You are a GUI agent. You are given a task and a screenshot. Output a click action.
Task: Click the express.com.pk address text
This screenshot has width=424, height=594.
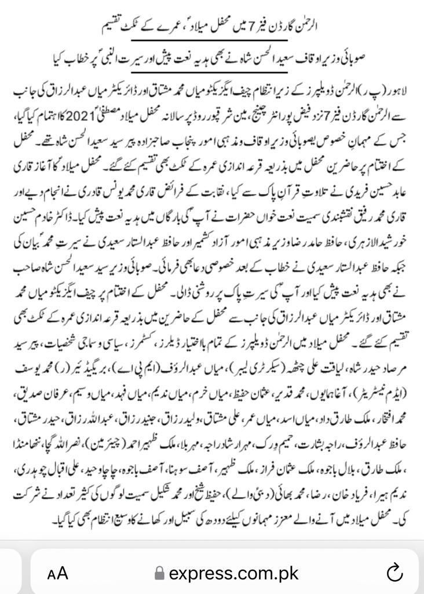click(233, 573)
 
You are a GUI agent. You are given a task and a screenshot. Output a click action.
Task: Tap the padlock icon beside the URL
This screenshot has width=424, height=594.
click(159, 574)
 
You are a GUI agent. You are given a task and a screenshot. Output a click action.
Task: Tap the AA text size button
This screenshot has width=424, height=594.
click(58, 574)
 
